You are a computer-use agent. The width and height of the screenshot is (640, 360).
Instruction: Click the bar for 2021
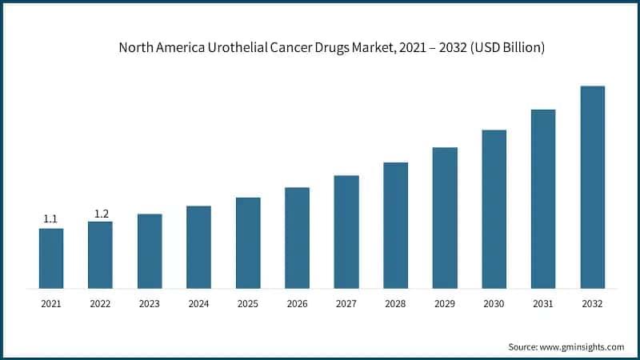pos(51,258)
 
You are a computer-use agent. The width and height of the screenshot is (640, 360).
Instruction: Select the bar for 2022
pos(100,254)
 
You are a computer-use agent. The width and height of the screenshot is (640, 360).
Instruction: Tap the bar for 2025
pos(248,242)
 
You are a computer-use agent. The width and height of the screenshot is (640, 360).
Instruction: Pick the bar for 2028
pos(395,225)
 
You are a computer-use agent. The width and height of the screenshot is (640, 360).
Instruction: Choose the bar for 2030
pos(494,209)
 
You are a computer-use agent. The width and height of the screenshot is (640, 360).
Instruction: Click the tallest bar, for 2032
pos(592,186)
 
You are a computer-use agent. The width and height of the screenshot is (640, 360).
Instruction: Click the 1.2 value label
pos(101,213)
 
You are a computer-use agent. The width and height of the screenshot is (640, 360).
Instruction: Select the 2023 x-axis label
pos(150,304)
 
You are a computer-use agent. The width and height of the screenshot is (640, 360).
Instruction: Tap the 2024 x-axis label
pos(198,304)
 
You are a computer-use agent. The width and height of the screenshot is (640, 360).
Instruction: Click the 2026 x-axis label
pos(297,304)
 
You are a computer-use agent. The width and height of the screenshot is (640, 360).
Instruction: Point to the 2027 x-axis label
pos(346,304)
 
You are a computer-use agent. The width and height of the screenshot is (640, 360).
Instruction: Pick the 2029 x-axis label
pos(445,304)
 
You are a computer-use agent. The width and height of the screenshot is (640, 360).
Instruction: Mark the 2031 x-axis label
pos(543,304)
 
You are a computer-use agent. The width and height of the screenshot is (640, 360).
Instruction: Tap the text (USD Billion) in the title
pos(507,48)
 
